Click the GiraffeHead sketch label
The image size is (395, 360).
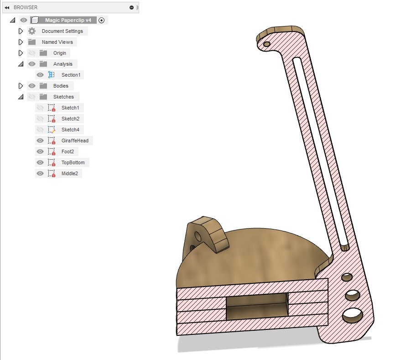(x=75, y=141)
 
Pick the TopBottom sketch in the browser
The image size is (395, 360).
(x=73, y=162)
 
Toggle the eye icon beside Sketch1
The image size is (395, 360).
(x=40, y=108)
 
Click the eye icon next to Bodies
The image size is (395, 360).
(x=32, y=86)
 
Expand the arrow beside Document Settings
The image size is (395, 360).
(x=21, y=31)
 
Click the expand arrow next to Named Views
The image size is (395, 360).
(x=21, y=42)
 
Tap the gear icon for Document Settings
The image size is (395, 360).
(x=32, y=31)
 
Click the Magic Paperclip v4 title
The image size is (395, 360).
(x=70, y=20)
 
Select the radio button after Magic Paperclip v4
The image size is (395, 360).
(x=101, y=20)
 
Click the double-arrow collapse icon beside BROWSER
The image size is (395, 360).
(x=7, y=7)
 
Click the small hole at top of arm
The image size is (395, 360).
(x=267, y=44)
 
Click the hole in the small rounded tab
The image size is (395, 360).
(x=197, y=236)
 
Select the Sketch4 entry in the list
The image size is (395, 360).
(x=70, y=130)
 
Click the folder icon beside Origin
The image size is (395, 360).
(x=43, y=53)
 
